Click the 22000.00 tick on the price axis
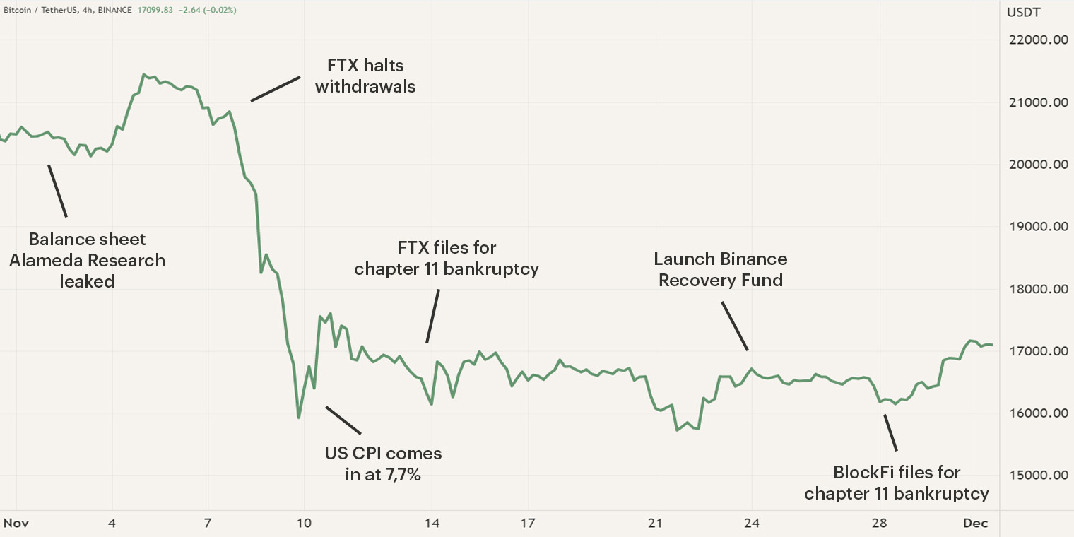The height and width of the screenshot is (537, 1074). (x=1037, y=40)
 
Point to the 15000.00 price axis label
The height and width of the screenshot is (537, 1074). (x=1037, y=476)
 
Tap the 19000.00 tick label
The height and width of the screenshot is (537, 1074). (x=1037, y=227)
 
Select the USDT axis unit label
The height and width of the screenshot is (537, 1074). (x=1023, y=12)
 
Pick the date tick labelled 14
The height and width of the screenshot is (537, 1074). (x=432, y=524)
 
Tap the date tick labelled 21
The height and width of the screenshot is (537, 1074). (x=656, y=524)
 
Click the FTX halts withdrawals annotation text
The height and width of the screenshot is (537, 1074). (x=365, y=76)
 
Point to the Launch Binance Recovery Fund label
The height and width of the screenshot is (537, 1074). (x=721, y=270)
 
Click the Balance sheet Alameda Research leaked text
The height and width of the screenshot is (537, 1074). (x=87, y=260)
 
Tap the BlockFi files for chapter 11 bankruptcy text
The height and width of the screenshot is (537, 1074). (x=896, y=483)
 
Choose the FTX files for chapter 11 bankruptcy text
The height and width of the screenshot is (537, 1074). (x=447, y=259)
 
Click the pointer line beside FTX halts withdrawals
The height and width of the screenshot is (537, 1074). (x=276, y=89)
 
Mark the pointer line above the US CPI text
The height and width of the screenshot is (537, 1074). (x=343, y=420)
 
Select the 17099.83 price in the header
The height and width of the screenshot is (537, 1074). (x=159, y=11)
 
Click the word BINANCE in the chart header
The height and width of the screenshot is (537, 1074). (x=117, y=11)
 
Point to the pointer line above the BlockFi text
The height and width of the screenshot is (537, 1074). (x=890, y=432)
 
